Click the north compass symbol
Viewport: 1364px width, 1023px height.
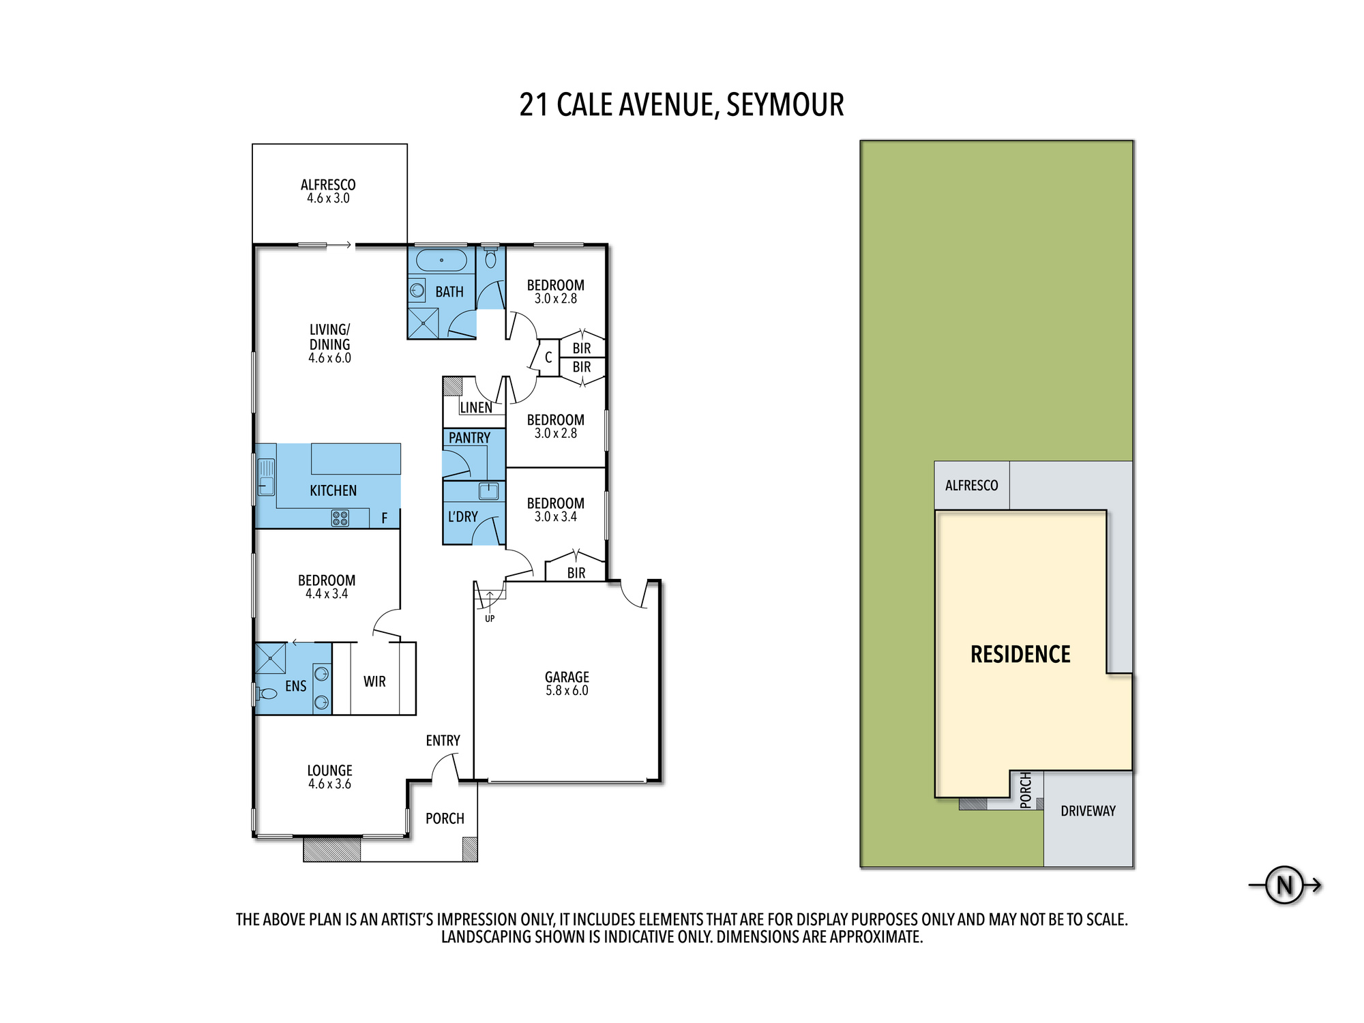1285,885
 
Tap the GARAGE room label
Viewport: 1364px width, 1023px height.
567,677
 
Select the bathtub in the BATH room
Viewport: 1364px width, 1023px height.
441,260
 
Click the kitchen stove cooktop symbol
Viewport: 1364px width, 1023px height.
340,518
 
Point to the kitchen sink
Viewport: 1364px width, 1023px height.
266,477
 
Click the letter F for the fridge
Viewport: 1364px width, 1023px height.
385,518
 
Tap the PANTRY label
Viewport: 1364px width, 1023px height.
469,438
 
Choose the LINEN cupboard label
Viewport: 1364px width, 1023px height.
476,408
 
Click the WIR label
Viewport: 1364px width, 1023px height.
374,681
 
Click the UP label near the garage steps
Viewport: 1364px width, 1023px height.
490,619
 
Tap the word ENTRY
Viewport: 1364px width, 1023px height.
443,741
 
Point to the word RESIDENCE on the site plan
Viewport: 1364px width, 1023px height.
1020,655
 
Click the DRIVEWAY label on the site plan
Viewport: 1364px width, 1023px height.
1088,811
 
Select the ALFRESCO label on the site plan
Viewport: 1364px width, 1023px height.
971,486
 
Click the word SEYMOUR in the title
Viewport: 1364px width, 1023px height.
785,105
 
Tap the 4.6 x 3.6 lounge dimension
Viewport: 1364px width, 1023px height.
329,784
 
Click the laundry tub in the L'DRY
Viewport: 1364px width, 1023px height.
488,491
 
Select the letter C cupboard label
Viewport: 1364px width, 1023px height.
548,357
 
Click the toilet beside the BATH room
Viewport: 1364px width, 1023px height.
490,256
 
